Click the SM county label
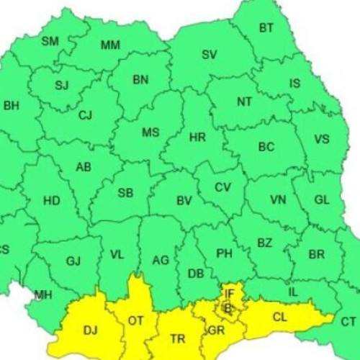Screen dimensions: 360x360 [50, 42]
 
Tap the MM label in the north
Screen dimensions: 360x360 [110, 45]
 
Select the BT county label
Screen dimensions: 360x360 [266, 28]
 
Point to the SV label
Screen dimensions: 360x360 [209, 55]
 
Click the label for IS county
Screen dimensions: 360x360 [295, 84]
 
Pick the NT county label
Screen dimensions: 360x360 [245, 102]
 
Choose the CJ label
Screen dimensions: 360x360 [86, 115]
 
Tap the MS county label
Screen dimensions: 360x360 [150, 132]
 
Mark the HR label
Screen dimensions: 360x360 [198, 137]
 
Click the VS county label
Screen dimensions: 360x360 [322, 140]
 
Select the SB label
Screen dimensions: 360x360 [125, 193]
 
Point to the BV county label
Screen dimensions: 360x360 [184, 201]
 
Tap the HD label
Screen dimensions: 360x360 [52, 201]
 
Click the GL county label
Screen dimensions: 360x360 [322, 200]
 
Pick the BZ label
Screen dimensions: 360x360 [265, 243]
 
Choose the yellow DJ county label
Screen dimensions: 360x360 [90, 330]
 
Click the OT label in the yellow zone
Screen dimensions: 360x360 [135, 320]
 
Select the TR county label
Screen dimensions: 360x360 [177, 338]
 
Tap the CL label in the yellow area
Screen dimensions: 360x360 [280, 316]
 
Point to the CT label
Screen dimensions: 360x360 [348, 322]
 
